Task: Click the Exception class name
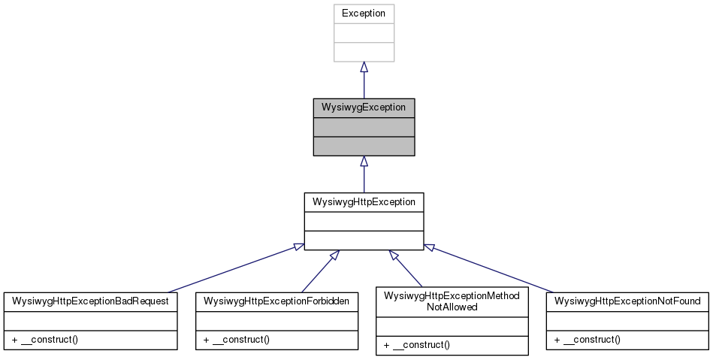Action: click(364, 14)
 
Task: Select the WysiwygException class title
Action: click(364, 107)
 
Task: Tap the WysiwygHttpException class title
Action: click(364, 201)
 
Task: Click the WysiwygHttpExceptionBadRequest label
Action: click(90, 301)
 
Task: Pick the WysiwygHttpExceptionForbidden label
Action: click(276, 301)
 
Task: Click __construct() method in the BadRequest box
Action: click(46, 340)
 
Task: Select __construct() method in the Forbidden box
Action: click(237, 340)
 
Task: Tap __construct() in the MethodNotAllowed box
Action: click(416, 345)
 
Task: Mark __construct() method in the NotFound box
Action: click(588, 340)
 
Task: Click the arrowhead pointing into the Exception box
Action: click(364, 68)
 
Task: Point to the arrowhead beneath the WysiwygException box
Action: click(364, 162)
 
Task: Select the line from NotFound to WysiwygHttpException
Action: click(488, 268)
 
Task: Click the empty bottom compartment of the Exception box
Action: click(364, 52)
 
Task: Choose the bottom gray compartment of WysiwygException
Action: click(364, 146)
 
